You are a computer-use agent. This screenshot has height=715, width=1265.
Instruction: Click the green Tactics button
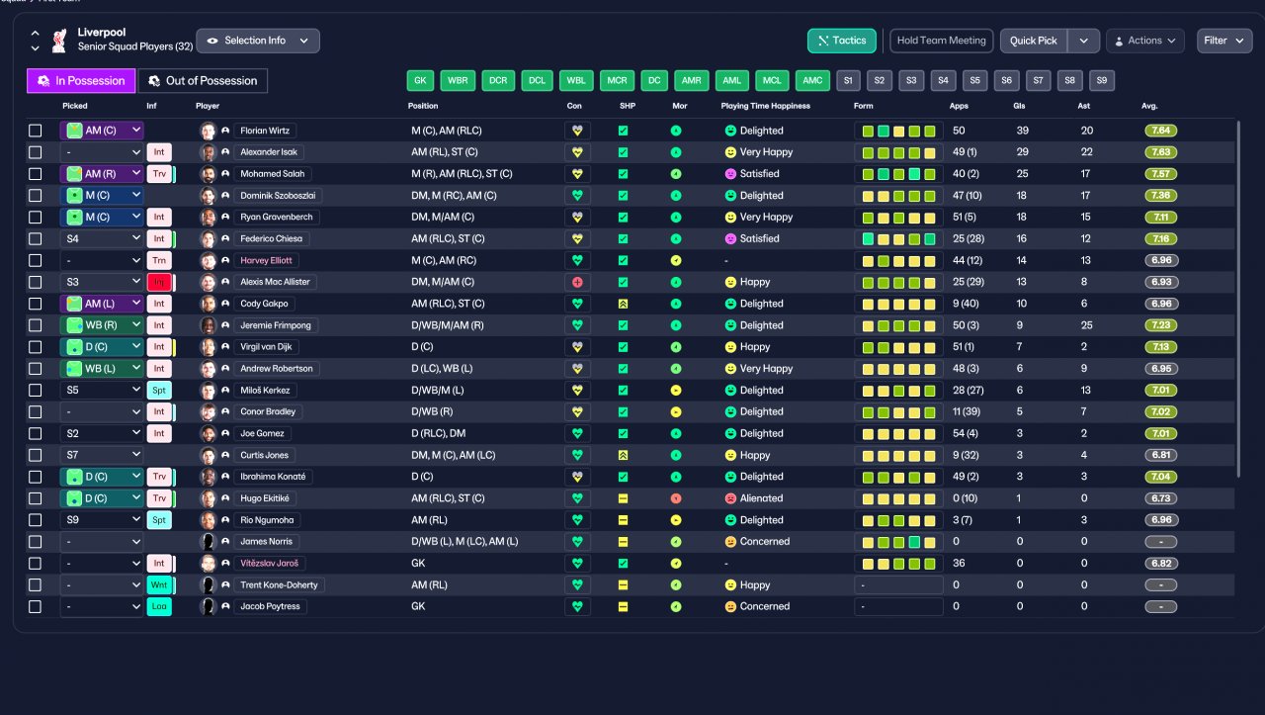(x=841, y=41)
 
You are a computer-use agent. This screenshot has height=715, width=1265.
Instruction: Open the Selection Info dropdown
(x=258, y=41)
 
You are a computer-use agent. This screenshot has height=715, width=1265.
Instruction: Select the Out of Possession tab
(x=203, y=81)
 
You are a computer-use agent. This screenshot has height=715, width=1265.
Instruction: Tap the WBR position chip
(x=458, y=80)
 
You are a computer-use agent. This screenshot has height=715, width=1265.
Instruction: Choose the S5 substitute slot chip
(x=974, y=80)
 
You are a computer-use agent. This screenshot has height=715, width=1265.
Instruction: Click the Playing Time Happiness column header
(x=765, y=106)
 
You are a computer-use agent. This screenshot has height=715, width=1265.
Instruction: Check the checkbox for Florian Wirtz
(x=35, y=131)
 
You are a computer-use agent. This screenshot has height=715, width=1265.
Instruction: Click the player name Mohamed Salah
(x=272, y=173)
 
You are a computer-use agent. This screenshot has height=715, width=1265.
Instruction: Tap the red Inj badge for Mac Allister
(x=159, y=282)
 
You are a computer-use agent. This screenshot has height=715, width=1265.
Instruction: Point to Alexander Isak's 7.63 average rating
(x=1160, y=152)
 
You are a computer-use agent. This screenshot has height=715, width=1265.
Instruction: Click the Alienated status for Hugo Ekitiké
(x=761, y=498)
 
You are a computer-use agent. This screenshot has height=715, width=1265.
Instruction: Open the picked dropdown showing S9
(x=102, y=519)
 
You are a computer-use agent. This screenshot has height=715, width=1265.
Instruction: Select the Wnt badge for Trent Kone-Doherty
(x=159, y=584)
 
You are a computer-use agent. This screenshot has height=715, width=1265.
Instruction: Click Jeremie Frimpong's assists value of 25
(x=1086, y=325)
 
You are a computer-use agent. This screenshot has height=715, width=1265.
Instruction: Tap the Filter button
(x=1223, y=41)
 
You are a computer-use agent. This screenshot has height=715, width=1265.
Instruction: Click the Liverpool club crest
(x=59, y=41)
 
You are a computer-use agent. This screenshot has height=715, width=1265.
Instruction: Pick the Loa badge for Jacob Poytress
(x=159, y=606)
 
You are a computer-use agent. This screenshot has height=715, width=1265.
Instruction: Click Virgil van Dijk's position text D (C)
(x=422, y=346)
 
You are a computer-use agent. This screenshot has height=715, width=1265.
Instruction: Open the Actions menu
(x=1144, y=41)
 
